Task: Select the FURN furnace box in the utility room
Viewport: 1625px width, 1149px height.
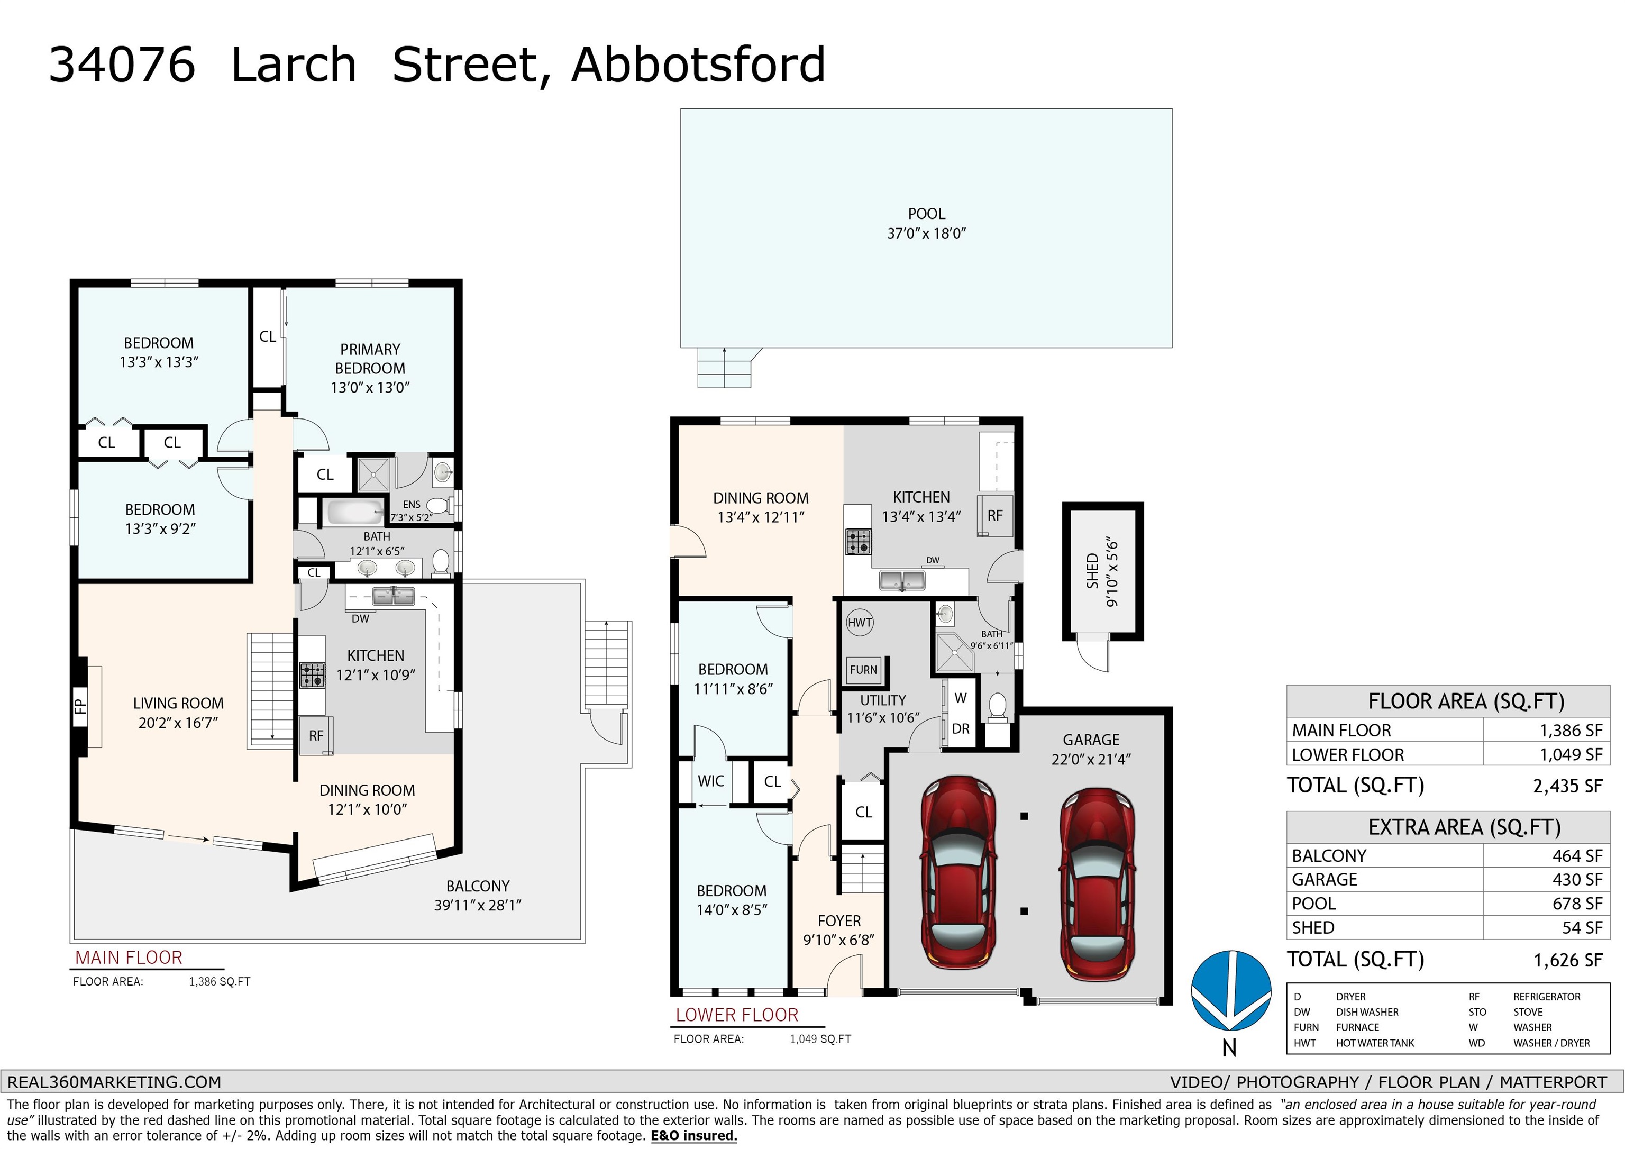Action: (863, 670)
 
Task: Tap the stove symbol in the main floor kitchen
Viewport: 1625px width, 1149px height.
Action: (312, 674)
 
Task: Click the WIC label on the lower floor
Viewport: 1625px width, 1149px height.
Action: (710, 781)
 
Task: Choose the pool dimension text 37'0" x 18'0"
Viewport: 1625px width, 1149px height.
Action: (926, 234)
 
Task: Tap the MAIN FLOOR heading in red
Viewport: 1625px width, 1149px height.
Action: (129, 958)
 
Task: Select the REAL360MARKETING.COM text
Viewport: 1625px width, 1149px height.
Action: (114, 1082)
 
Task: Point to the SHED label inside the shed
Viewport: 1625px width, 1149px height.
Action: (1092, 571)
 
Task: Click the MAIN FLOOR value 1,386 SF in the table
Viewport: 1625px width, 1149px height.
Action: (1571, 731)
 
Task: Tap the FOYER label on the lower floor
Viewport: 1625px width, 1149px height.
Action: (839, 921)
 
